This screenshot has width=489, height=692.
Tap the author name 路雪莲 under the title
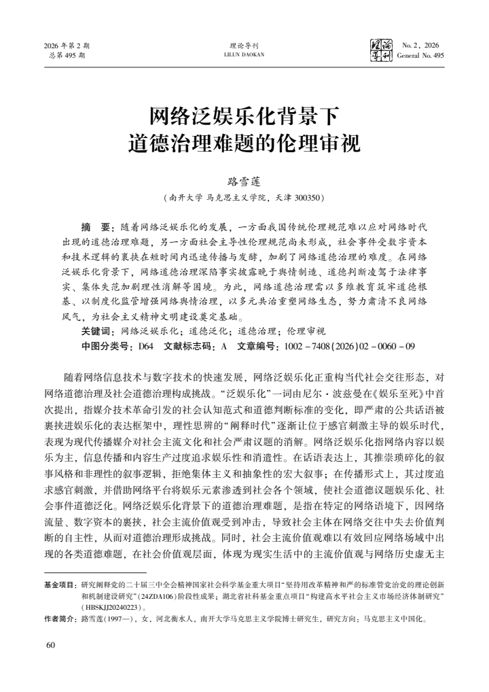[244, 183]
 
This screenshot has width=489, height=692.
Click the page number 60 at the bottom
[50, 644]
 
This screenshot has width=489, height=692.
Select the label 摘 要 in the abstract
[97, 224]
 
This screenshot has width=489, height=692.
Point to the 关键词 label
[98, 331]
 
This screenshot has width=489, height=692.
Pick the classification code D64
[145, 346]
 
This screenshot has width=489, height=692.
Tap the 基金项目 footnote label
[60, 584]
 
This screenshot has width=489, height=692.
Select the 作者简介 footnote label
[60, 619]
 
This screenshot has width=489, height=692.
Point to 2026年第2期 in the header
[67, 46]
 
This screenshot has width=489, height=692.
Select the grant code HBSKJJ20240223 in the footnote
[109, 606]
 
